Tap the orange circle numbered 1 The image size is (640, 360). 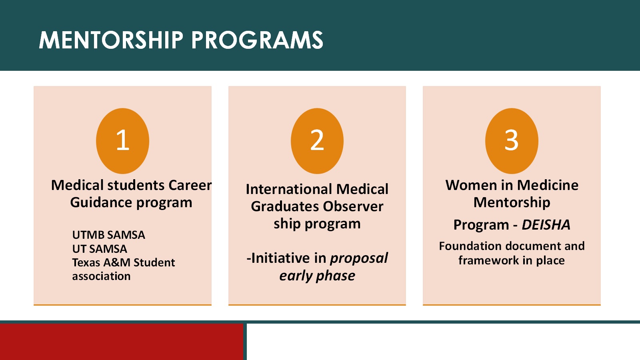point(122,141)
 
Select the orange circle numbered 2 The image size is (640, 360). point(317,141)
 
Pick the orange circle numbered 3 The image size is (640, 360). point(512,141)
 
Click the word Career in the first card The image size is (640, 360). point(190,185)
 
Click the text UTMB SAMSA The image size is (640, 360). point(108,235)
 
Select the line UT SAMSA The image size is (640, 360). point(100,249)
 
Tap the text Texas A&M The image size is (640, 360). point(101,262)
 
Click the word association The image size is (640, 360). point(101,276)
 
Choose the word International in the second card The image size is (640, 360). point(289,189)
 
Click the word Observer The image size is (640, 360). point(353,206)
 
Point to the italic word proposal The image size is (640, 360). point(359,258)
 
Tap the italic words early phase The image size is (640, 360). point(317,276)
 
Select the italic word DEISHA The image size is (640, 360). point(546,225)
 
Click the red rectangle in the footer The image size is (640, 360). point(122,342)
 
